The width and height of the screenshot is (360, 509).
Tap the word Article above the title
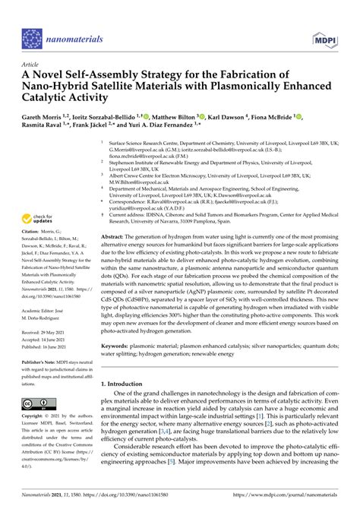click(31, 65)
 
